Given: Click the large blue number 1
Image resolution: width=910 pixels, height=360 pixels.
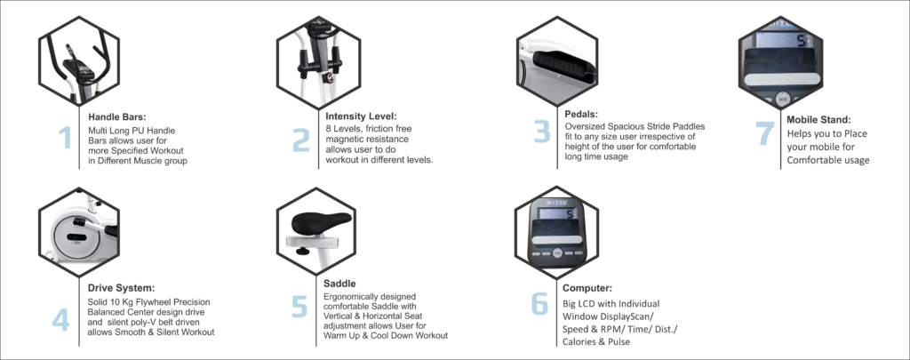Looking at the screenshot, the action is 65,138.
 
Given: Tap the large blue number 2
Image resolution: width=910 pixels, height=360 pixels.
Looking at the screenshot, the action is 300,140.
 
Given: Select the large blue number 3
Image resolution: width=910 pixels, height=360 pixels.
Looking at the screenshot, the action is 542,132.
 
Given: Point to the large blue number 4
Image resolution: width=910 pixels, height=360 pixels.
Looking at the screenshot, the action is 60,319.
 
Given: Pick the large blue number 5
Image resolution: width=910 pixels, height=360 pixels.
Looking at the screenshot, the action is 299,307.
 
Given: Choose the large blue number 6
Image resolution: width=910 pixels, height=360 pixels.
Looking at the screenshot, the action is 539,303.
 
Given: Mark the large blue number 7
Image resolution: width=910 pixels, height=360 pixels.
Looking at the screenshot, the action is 765,134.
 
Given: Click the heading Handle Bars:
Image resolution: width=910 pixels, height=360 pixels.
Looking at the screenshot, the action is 114,116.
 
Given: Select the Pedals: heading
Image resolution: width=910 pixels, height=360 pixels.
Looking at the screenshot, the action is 581,114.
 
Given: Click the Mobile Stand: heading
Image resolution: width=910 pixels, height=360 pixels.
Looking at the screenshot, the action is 818,120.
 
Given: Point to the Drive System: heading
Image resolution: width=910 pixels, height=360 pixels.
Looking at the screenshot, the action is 121,288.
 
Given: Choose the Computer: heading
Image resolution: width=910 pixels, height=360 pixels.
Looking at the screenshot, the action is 587,288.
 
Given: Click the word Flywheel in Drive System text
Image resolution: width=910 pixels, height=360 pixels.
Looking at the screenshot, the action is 151,302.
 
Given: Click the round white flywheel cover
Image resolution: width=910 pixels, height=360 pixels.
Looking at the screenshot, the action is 76,238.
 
